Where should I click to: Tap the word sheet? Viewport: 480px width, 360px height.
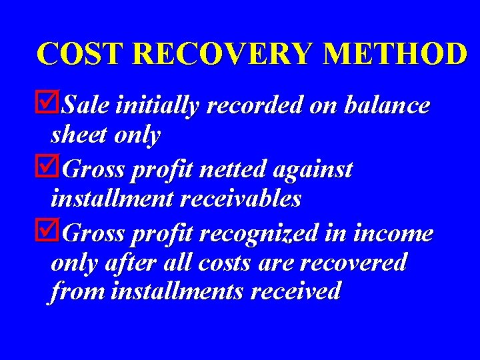[x=79, y=136]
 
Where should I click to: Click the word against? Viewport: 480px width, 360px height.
[x=313, y=171]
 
